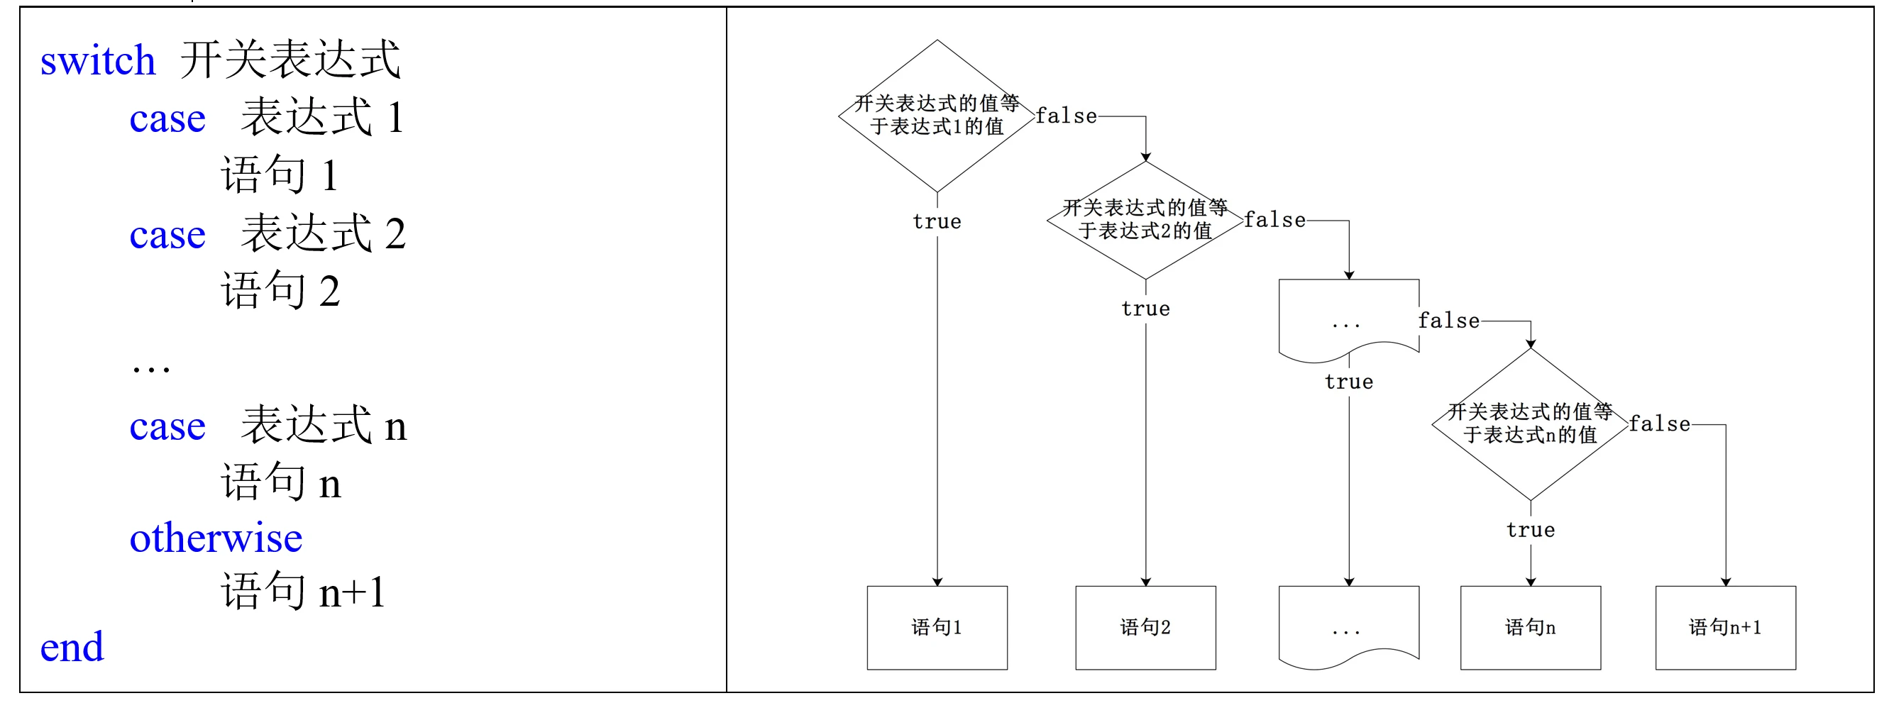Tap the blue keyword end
(72, 646)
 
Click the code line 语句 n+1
(303, 591)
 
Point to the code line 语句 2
(280, 289)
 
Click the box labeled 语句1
(937, 628)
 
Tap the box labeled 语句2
(1145, 628)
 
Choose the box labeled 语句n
(1531, 628)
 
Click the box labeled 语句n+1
(1726, 628)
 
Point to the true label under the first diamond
(937, 221)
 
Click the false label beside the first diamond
(1067, 116)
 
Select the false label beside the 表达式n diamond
(1660, 424)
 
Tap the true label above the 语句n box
(1531, 530)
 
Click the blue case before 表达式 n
(167, 426)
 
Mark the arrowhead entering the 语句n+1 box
(1726, 581)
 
